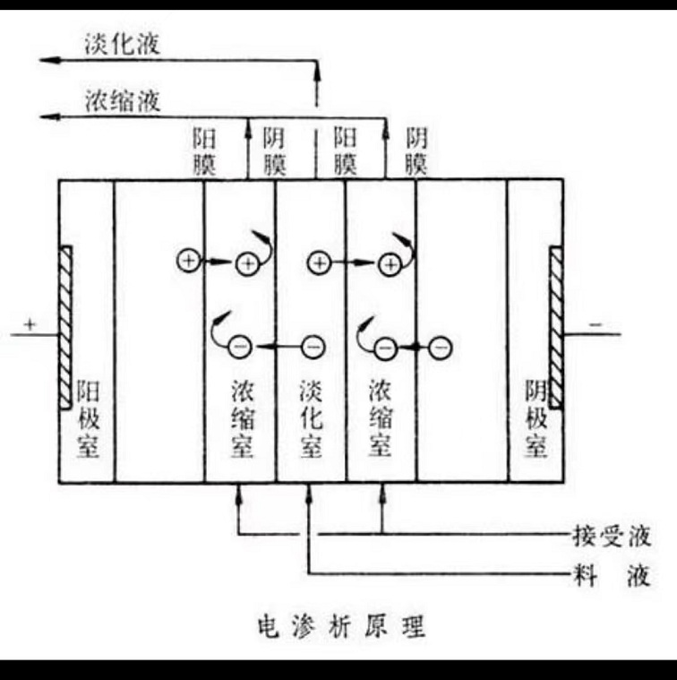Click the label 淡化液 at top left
pos(122,44)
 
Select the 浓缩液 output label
pos(122,100)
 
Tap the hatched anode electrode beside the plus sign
pos(64,327)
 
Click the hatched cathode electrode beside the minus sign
pos(556,327)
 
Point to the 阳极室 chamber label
pos(87,419)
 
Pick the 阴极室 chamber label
pos(536,419)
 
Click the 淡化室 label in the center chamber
pos(310,419)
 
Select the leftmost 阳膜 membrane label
pos(204,151)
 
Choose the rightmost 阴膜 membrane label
pos(416,151)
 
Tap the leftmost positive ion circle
pos(188,261)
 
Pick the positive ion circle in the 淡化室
pos(319,263)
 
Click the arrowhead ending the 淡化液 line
pos(51,59)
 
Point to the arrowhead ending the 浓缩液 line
pos(51,116)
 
